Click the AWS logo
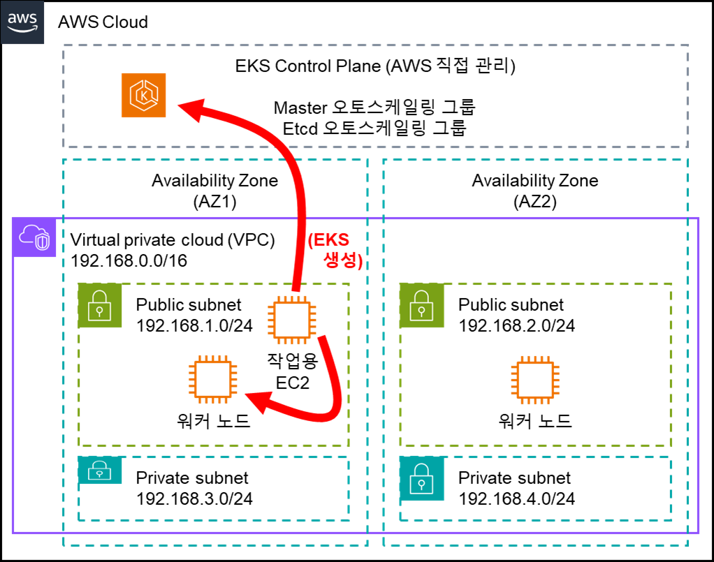click(22, 22)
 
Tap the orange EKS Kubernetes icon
click(144, 95)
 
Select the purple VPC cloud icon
click(34, 237)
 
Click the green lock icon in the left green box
click(100, 305)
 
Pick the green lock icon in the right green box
click(421, 305)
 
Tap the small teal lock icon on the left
click(100, 471)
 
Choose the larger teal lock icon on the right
click(421, 478)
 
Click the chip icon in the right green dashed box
click(534, 380)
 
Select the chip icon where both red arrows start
click(292, 320)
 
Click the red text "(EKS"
click(328, 241)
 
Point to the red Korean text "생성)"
click(343, 261)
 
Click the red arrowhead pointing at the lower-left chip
click(256, 401)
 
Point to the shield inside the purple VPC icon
click(43, 242)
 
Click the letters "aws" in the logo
click(22, 19)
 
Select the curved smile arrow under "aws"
click(22, 29)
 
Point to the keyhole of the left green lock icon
click(100, 310)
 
